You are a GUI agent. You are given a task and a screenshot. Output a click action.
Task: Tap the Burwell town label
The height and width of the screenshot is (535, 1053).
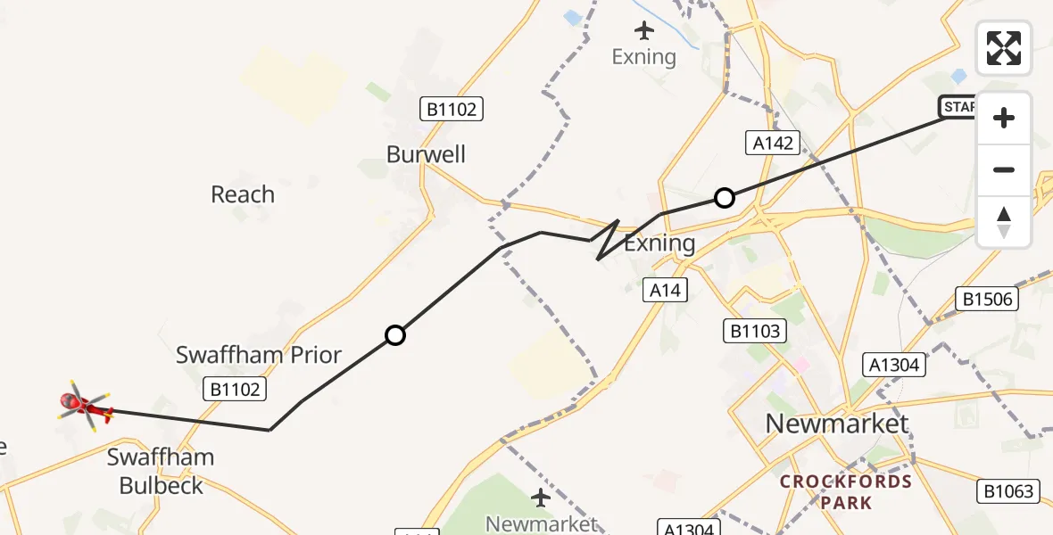426,154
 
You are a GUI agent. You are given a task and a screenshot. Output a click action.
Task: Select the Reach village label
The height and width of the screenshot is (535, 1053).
243,194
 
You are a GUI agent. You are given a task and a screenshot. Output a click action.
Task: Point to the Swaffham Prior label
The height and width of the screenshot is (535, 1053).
259,355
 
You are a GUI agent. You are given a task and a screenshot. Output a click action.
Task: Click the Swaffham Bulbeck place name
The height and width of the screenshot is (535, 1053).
161,472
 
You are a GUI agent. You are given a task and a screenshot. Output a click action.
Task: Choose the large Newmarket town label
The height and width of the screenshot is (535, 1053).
837,424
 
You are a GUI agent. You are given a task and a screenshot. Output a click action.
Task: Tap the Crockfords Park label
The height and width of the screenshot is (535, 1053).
845,492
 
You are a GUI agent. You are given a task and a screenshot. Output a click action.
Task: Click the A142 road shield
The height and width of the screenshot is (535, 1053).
773,143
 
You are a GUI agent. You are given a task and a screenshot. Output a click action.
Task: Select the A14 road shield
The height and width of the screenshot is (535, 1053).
666,289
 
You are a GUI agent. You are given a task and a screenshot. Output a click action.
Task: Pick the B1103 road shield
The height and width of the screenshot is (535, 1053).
754,332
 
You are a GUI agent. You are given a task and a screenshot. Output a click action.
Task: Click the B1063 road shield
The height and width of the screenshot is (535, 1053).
1009,490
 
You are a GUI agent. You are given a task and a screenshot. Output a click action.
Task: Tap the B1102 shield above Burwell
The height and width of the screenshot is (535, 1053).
452,110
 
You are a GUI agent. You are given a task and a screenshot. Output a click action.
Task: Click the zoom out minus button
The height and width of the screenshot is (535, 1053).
1004,169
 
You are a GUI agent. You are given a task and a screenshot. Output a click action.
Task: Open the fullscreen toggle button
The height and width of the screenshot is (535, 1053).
1004,48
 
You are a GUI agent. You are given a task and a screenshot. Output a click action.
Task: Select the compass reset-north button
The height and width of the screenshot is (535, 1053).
1004,221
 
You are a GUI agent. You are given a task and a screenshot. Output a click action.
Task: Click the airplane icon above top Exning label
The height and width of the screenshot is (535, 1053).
644,31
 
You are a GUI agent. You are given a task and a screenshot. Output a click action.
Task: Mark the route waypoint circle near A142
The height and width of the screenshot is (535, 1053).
725,197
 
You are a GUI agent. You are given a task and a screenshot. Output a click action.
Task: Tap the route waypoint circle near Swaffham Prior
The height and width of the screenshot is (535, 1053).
395,335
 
